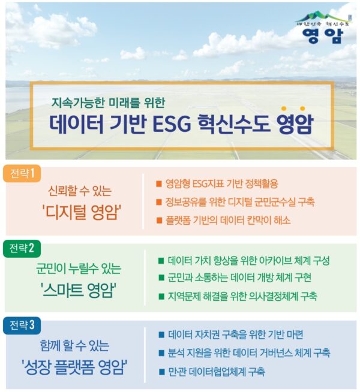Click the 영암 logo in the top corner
[323, 28]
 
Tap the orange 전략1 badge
[22, 173]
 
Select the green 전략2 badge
[22, 249]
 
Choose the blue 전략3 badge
[22, 325]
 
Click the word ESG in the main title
[172, 123]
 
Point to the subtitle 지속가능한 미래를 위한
[108, 102]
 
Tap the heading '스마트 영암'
[79, 290]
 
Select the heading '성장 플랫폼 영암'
[74, 366]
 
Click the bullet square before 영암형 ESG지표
[159, 184]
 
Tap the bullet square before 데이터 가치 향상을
[161, 261]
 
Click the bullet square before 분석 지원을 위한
[161, 353]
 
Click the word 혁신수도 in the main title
[234, 123]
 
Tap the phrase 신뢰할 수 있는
[80, 191]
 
